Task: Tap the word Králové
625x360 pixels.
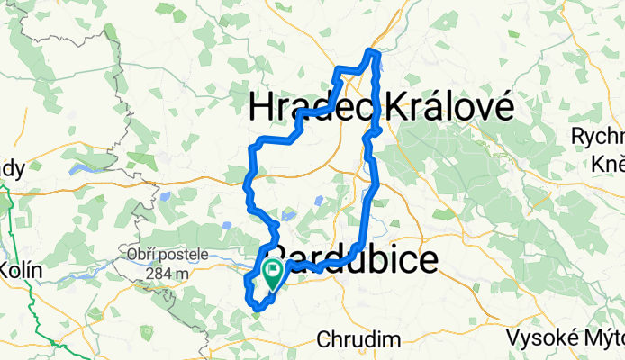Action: pos(450,109)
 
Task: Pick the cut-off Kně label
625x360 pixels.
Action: pos(609,161)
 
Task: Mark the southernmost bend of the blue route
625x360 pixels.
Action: pos(258,309)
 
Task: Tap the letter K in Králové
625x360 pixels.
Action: pos(396,109)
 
